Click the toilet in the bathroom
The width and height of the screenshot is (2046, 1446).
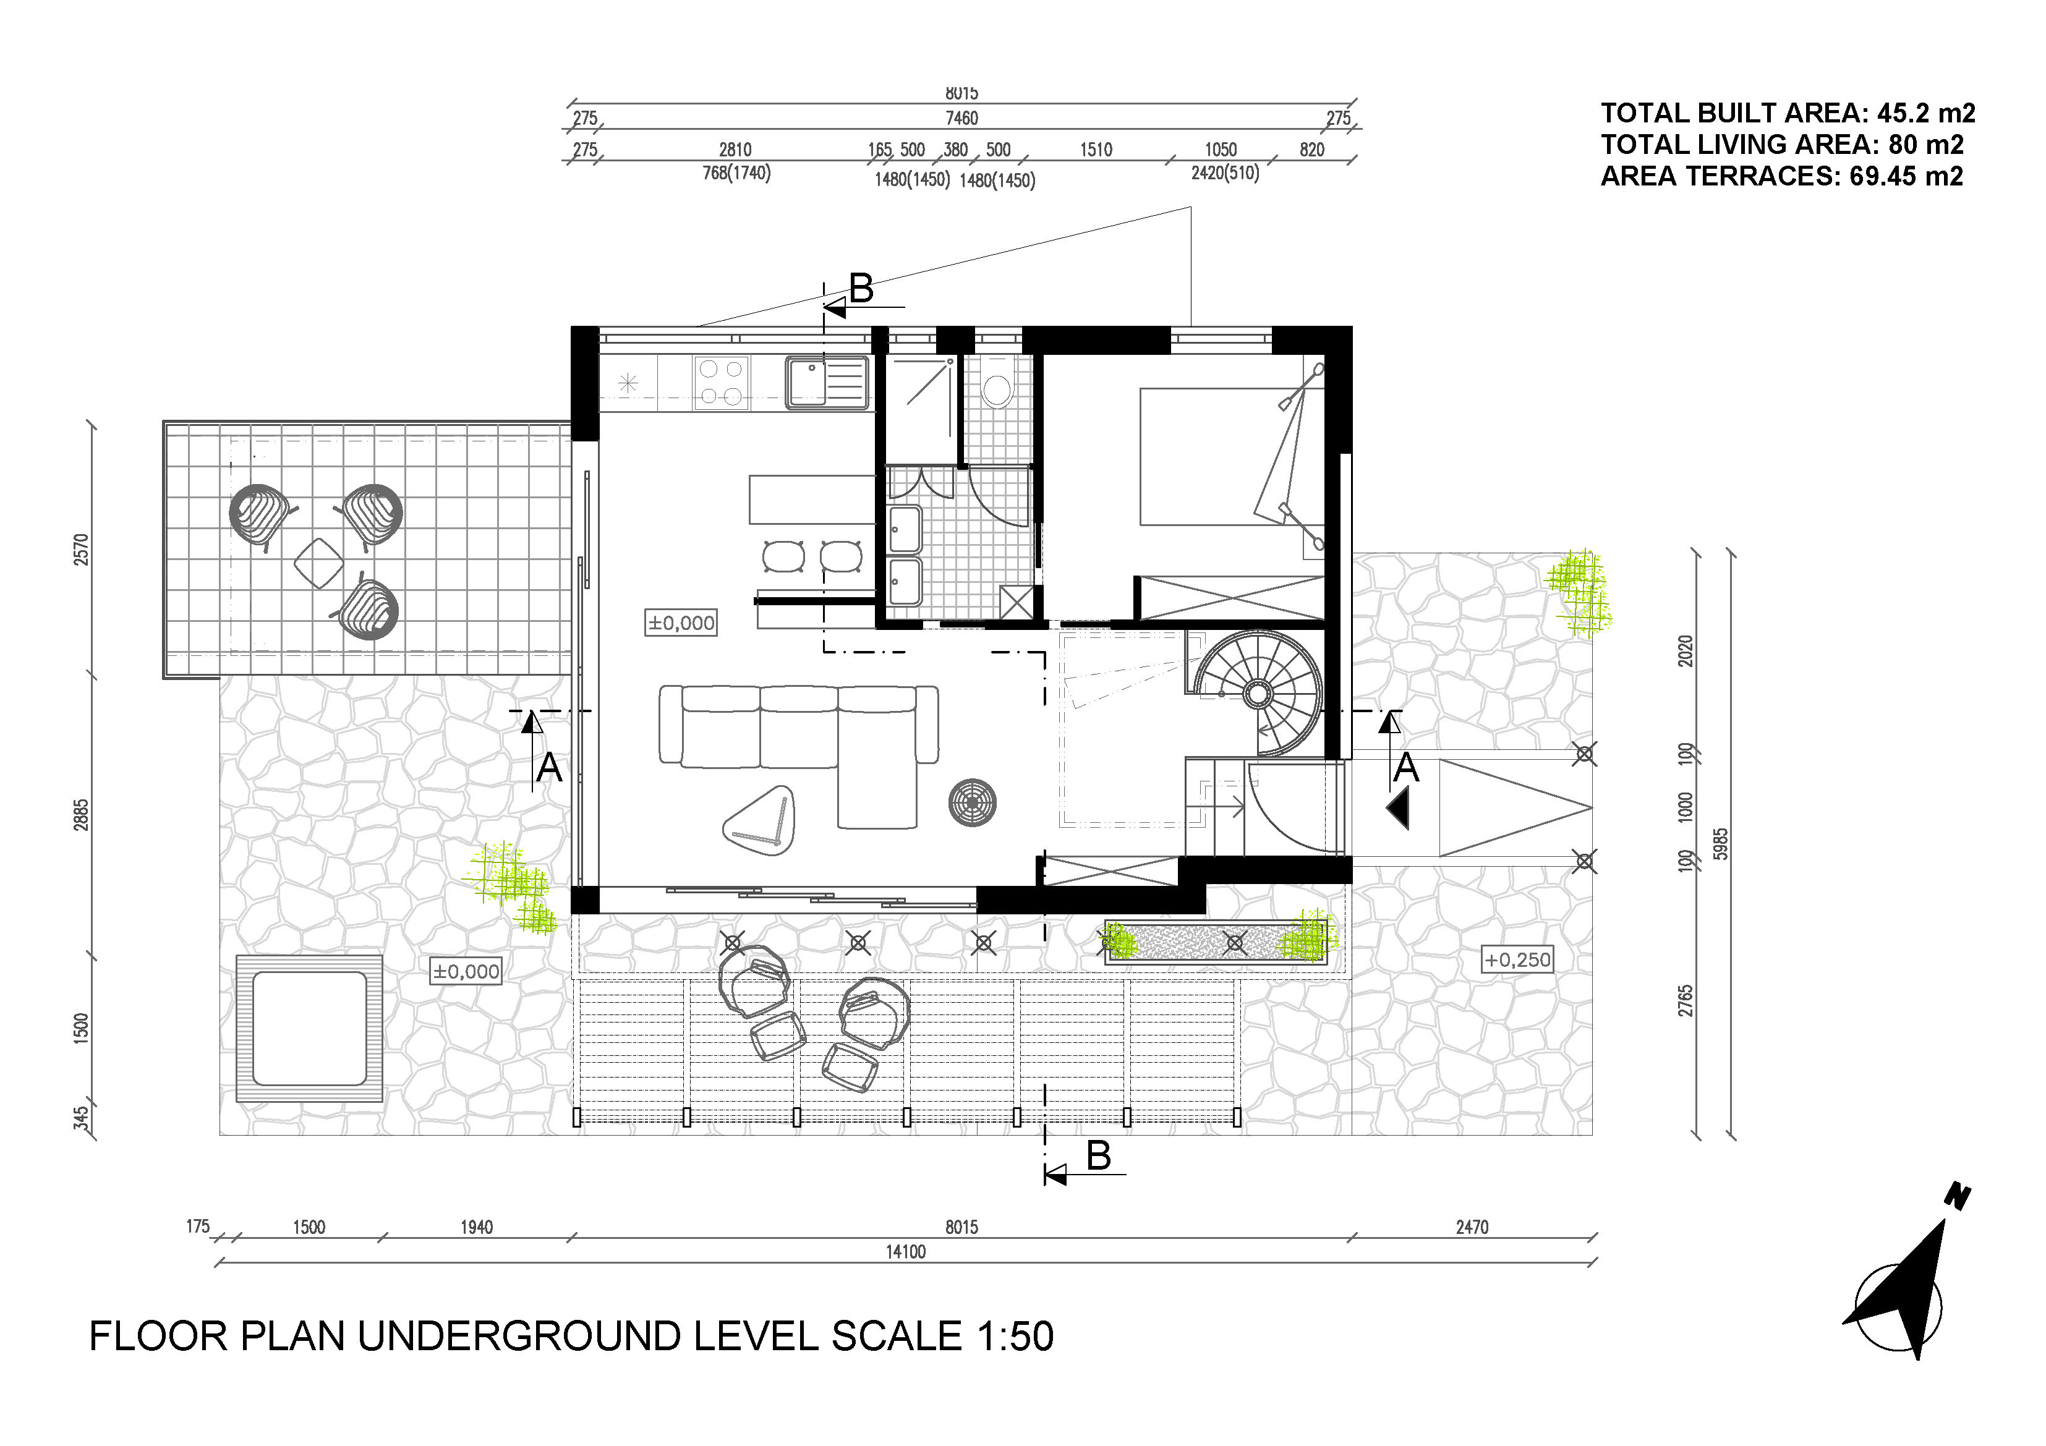click(996, 383)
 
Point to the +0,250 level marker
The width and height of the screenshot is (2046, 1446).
click(1517, 959)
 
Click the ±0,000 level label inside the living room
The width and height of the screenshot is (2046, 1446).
click(681, 623)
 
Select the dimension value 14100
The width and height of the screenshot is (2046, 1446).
click(905, 1252)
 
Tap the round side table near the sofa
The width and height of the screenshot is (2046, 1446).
click(972, 802)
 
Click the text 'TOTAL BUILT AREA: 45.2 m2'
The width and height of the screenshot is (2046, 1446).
click(1788, 113)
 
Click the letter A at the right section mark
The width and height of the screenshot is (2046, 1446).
click(1405, 767)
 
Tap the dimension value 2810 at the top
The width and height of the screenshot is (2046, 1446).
click(735, 150)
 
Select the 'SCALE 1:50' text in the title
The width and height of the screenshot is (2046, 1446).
click(943, 1337)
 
